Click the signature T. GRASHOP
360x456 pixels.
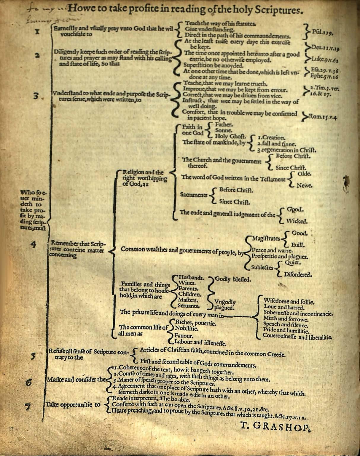pyautogui.click(x=275, y=426)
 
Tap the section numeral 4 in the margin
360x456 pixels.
pyautogui.click(x=33, y=245)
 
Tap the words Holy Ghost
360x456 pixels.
pyautogui.click(x=230, y=136)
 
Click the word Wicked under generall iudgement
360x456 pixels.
pyautogui.click(x=297, y=221)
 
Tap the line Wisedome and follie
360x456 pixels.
pyautogui.click(x=289, y=302)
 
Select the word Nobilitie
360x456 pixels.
pyautogui.click(x=187, y=329)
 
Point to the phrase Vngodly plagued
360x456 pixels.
pyautogui.click(x=225, y=305)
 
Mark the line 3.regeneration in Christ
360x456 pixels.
pyautogui.click(x=286, y=150)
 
